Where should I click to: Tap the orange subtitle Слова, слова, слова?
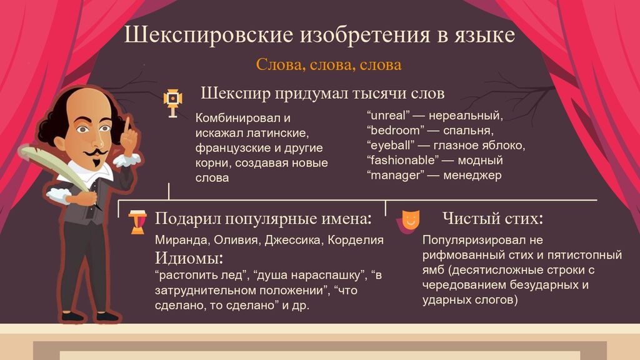pos(329,64)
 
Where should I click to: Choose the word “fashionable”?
pos(402,161)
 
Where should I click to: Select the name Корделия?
pos(356,240)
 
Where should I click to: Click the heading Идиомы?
pos(189,258)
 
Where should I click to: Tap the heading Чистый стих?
pos(492,218)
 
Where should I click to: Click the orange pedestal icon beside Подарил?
pos(137,222)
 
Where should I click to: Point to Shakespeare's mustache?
pos(95,152)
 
